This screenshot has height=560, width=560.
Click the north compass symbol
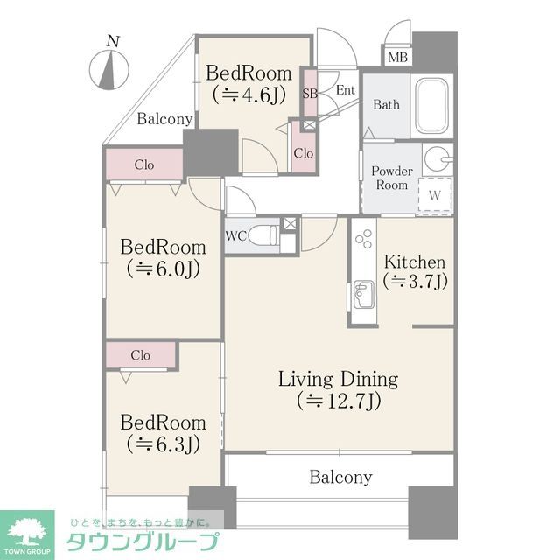tap(108, 66)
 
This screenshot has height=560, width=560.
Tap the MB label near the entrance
tap(398, 58)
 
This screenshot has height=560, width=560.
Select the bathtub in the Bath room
tap(432, 106)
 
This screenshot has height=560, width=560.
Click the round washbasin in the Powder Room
tap(440, 160)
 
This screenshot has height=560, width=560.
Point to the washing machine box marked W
tap(434, 194)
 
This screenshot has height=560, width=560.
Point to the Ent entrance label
tap(345, 89)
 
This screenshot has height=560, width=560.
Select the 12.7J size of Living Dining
tap(338, 402)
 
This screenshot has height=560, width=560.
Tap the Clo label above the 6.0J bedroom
tap(144, 164)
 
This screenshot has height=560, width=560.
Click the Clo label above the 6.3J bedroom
tap(140, 355)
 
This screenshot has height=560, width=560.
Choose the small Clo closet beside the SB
tap(303, 153)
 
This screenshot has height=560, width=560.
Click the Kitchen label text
tap(416, 262)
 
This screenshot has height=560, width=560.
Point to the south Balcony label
tap(340, 477)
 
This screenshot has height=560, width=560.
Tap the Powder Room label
tap(392, 178)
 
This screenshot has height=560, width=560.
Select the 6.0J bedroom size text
tap(164, 269)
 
